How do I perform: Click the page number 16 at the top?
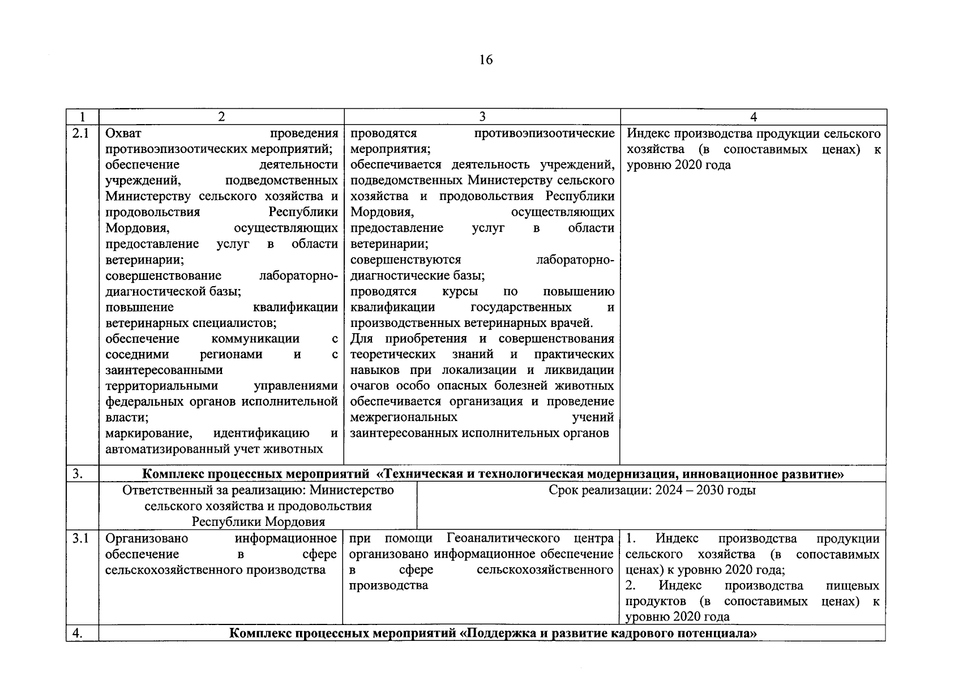point(486,59)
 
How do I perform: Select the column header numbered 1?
point(83,117)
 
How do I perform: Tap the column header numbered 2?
point(221,117)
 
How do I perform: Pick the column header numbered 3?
point(482,117)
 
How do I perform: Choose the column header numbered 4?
point(754,117)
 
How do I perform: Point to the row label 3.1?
point(82,538)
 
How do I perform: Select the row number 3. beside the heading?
point(79,474)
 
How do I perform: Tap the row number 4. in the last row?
point(79,633)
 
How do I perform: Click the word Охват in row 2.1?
point(123,134)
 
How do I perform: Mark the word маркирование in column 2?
point(148,433)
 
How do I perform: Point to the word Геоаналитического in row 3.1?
point(503,538)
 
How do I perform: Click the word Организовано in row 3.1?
point(147,538)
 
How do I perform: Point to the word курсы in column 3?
point(459,291)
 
